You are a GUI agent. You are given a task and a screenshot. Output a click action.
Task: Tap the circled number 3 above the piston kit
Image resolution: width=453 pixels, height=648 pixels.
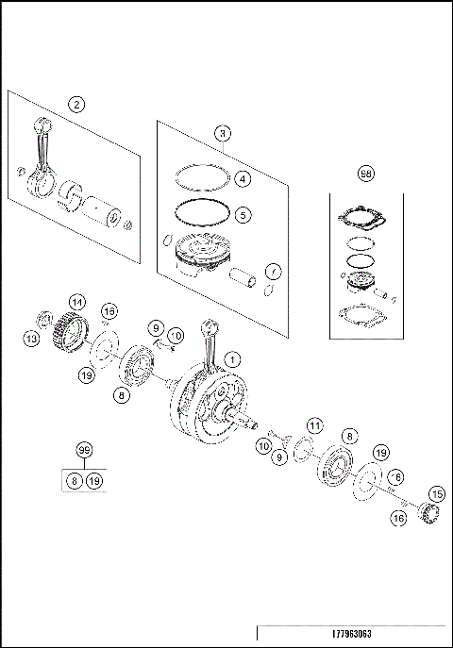[x=222, y=133]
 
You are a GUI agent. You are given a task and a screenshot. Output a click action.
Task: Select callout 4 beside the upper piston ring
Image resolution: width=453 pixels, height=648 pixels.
[x=243, y=178]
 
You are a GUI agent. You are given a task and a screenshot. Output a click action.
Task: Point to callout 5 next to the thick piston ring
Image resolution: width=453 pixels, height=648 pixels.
[x=243, y=214]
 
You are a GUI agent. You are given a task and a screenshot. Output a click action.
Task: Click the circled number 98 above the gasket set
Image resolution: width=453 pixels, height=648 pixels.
[x=366, y=174]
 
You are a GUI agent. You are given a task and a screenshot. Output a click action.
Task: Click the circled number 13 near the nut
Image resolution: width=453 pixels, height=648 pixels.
[x=31, y=339]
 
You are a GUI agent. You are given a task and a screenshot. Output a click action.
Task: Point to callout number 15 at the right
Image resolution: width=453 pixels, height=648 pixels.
[x=436, y=493]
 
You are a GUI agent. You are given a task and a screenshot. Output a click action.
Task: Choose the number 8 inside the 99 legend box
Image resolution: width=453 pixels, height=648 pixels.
[x=75, y=481]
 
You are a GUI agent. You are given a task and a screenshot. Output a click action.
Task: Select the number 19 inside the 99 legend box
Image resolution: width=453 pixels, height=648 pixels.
[x=94, y=481]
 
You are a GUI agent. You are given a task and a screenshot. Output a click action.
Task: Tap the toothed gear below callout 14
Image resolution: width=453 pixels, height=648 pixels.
[x=68, y=332]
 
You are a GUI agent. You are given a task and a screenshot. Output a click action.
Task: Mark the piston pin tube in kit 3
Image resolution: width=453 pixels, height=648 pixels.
[x=243, y=280]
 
